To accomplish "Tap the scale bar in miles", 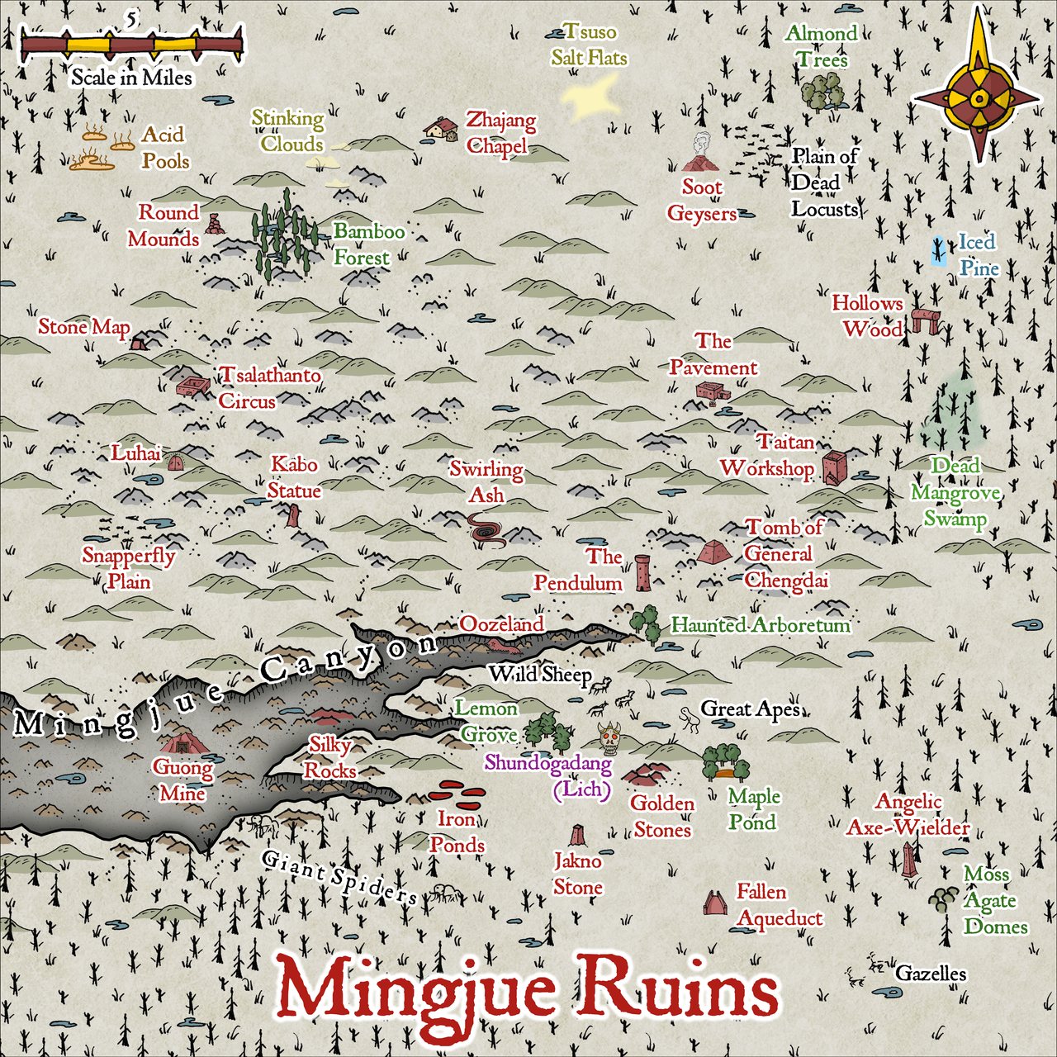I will [x=132, y=45].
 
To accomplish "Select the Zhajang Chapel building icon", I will [x=442, y=129].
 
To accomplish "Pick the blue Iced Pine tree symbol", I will [x=939, y=250].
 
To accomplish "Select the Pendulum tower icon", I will [x=642, y=573].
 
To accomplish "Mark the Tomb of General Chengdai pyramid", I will [x=712, y=552].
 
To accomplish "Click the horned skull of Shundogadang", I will [x=611, y=738].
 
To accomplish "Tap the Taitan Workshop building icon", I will [x=832, y=467].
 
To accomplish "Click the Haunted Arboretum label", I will [x=760, y=625].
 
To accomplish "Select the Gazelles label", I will [x=931, y=974].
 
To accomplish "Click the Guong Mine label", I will [x=182, y=780].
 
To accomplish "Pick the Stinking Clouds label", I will [x=287, y=130].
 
